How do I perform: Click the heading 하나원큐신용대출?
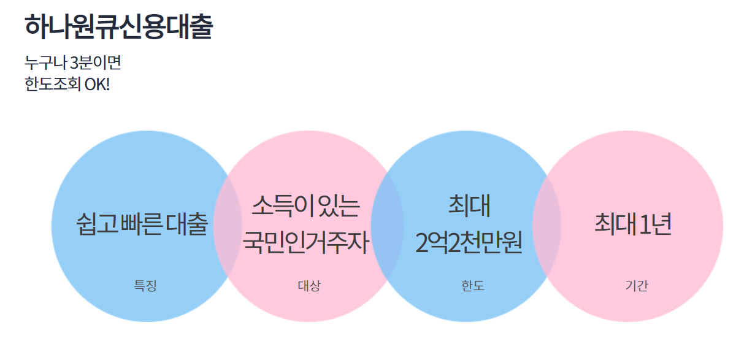(x=118, y=28)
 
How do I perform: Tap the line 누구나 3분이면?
(x=73, y=63)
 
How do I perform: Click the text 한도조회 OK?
(x=67, y=83)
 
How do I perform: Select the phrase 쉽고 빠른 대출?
(x=142, y=224)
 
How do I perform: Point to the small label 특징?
(x=145, y=286)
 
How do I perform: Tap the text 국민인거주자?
(x=306, y=243)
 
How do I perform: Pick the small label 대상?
(x=309, y=286)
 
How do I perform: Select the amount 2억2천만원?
(x=468, y=243)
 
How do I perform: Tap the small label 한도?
(x=473, y=286)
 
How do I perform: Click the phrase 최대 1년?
(x=632, y=224)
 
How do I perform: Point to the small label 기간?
(x=637, y=286)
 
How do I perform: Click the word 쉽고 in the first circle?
(x=96, y=224)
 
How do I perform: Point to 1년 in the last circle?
(x=655, y=224)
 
